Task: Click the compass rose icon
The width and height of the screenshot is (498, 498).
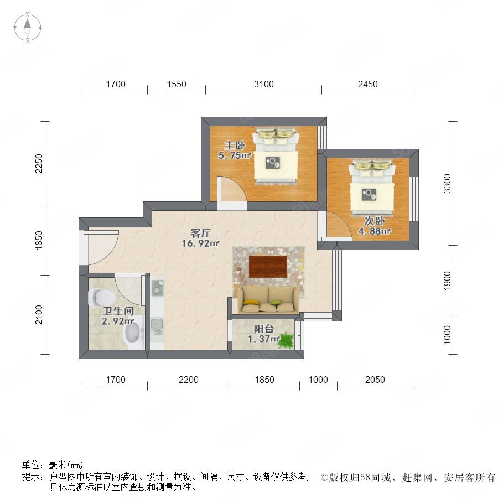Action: click(x=28, y=28)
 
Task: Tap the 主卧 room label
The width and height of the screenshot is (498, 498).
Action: click(x=235, y=146)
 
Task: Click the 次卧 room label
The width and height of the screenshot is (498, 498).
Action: click(x=375, y=221)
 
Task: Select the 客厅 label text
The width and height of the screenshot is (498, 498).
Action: click(x=200, y=233)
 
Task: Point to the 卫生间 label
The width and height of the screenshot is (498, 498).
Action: click(x=118, y=311)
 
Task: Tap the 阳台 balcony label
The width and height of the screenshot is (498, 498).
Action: click(x=263, y=329)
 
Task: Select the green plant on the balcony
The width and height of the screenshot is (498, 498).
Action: click(x=286, y=340)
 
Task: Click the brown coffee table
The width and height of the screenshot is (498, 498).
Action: click(x=268, y=266)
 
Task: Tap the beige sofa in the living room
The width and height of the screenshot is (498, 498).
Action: click(x=266, y=299)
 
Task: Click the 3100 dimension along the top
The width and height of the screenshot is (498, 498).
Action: click(x=263, y=84)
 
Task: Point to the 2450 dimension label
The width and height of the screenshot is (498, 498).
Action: click(x=368, y=84)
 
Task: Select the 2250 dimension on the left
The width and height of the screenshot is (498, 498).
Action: click(x=39, y=164)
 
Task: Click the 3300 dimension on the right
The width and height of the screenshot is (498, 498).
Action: click(x=447, y=183)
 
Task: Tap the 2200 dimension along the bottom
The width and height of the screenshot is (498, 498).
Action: click(x=188, y=380)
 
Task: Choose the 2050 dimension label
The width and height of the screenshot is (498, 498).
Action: click(x=375, y=380)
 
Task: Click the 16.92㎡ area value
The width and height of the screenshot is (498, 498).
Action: click(x=200, y=243)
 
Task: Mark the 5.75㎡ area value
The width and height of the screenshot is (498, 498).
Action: click(x=235, y=155)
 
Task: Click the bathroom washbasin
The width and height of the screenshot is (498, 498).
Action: click(x=133, y=332)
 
